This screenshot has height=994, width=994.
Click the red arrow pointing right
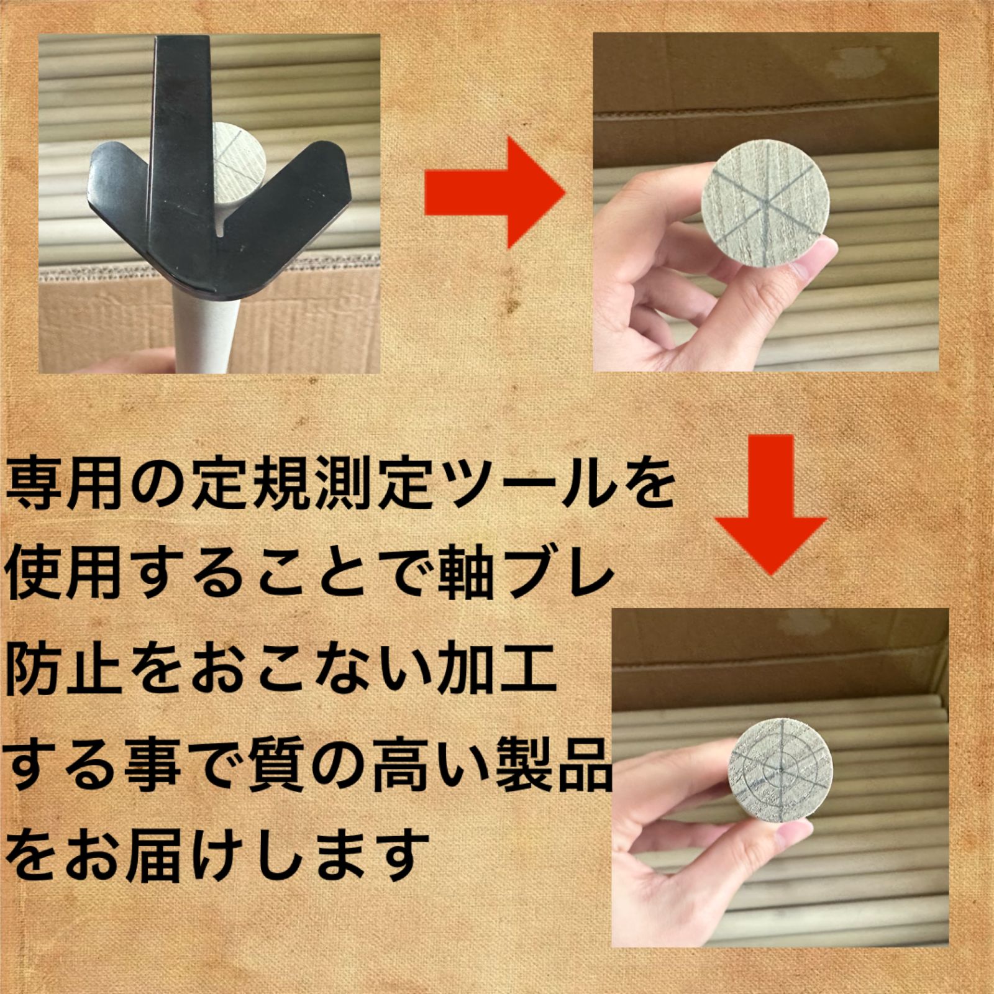click(x=495, y=193)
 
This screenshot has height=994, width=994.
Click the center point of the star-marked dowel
click(x=765, y=205)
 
